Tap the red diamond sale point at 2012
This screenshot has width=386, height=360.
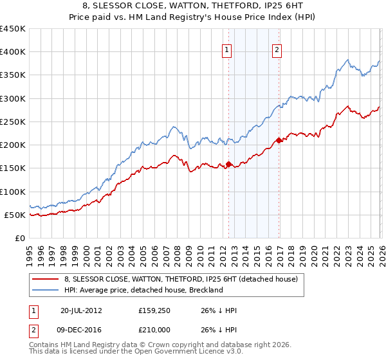[x=229, y=164]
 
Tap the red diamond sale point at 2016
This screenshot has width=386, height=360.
[x=279, y=140]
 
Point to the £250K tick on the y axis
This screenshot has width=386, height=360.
[x=13, y=122]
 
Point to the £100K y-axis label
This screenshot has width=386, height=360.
[x=13, y=192]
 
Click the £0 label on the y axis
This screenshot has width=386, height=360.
[x=20, y=238]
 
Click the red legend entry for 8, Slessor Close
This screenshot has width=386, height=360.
[x=181, y=280]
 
